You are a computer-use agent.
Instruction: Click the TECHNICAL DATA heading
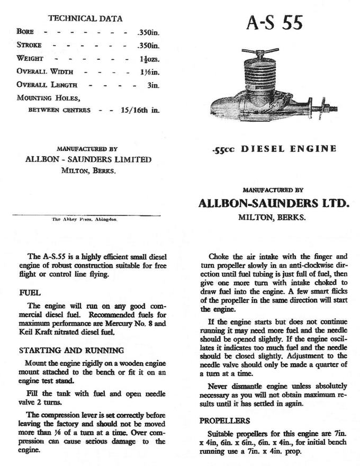(x=85, y=18)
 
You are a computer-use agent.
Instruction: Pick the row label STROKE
(x=29, y=45)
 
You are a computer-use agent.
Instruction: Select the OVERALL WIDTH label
(x=44, y=71)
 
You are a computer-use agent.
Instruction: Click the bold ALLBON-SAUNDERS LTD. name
(x=273, y=203)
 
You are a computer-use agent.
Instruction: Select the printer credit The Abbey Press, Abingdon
(x=85, y=219)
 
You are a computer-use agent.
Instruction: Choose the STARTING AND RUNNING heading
(x=71, y=350)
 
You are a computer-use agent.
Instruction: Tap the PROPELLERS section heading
(x=225, y=420)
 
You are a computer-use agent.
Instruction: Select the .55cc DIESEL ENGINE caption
(x=273, y=149)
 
